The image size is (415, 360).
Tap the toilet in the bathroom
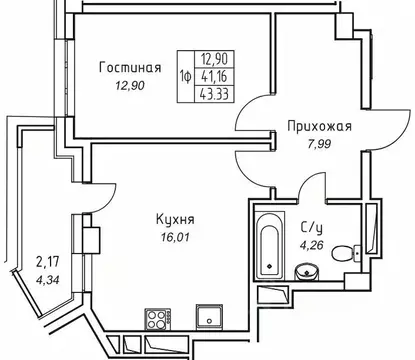pos(344,254)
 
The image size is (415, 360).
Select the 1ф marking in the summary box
pos(186,75)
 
